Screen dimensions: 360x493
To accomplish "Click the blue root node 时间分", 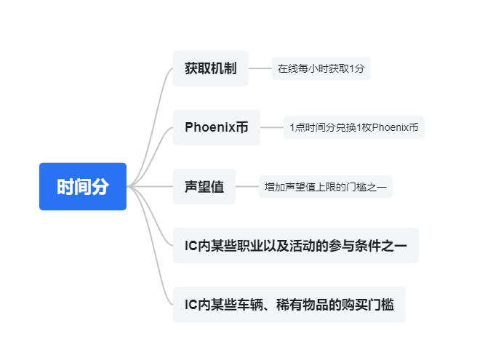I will click(83, 187).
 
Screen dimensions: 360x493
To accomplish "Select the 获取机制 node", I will click(211, 69).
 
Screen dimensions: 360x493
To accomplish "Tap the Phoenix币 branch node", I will click(216, 127).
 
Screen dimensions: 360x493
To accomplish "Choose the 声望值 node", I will click(204, 187).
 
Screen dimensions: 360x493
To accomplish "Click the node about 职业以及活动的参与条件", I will click(295, 246).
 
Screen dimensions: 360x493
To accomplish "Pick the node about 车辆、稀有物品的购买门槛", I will click(289, 305).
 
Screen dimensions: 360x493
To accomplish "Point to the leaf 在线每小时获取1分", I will click(321, 70).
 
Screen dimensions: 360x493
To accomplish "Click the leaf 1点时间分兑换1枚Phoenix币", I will click(353, 128).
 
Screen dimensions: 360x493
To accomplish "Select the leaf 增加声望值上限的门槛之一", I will click(326, 187).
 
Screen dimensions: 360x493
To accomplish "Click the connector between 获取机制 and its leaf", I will click(260, 69).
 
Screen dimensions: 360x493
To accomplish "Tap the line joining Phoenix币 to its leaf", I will click(271, 127).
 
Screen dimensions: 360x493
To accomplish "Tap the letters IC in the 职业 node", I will click(191, 246).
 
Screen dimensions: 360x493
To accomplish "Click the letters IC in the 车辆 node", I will click(191, 305).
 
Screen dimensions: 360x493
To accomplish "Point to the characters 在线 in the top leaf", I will click(286, 70).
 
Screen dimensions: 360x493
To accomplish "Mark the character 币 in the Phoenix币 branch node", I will click(243, 127).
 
